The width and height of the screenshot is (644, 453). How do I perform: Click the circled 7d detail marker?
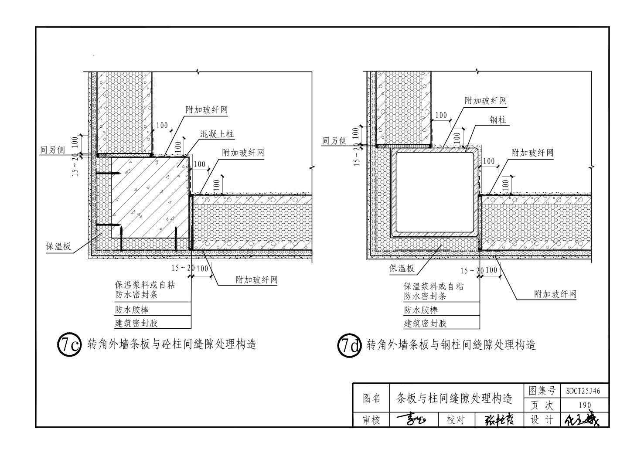(349, 346)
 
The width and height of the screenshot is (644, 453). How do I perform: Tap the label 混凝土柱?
(217, 134)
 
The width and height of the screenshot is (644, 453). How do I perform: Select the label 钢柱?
(497, 119)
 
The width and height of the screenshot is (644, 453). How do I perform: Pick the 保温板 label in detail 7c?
(58, 246)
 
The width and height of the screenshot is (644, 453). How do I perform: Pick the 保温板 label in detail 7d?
(402, 268)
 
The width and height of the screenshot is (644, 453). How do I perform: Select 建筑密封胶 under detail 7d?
(425, 323)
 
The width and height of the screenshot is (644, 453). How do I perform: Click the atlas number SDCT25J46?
(583, 391)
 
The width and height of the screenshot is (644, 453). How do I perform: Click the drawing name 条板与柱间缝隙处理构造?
(454, 398)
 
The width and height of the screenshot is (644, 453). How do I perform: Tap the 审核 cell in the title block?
(371, 420)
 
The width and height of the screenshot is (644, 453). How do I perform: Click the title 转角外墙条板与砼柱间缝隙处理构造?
(172, 344)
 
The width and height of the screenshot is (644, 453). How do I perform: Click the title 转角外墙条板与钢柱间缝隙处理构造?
(451, 345)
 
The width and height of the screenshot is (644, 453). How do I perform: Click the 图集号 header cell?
(542, 391)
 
